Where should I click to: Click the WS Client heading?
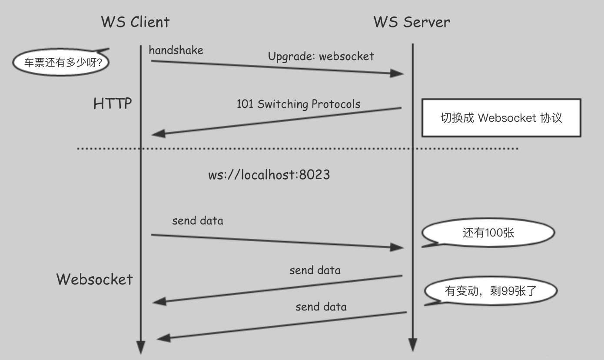(x=135, y=22)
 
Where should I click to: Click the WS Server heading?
(x=412, y=22)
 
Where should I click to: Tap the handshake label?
(x=176, y=50)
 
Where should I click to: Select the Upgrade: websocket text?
(x=321, y=56)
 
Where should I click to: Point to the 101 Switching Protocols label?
(x=298, y=104)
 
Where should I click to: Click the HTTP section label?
(x=113, y=104)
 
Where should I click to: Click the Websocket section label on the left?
(x=94, y=279)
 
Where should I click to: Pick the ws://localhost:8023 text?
(x=269, y=175)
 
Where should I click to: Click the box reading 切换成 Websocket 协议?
(x=501, y=118)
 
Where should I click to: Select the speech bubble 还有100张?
(x=488, y=233)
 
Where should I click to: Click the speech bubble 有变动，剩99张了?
(x=491, y=291)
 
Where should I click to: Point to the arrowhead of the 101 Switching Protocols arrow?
(x=158, y=133)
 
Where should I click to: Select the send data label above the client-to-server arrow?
(x=198, y=221)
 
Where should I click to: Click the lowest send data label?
(x=321, y=307)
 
